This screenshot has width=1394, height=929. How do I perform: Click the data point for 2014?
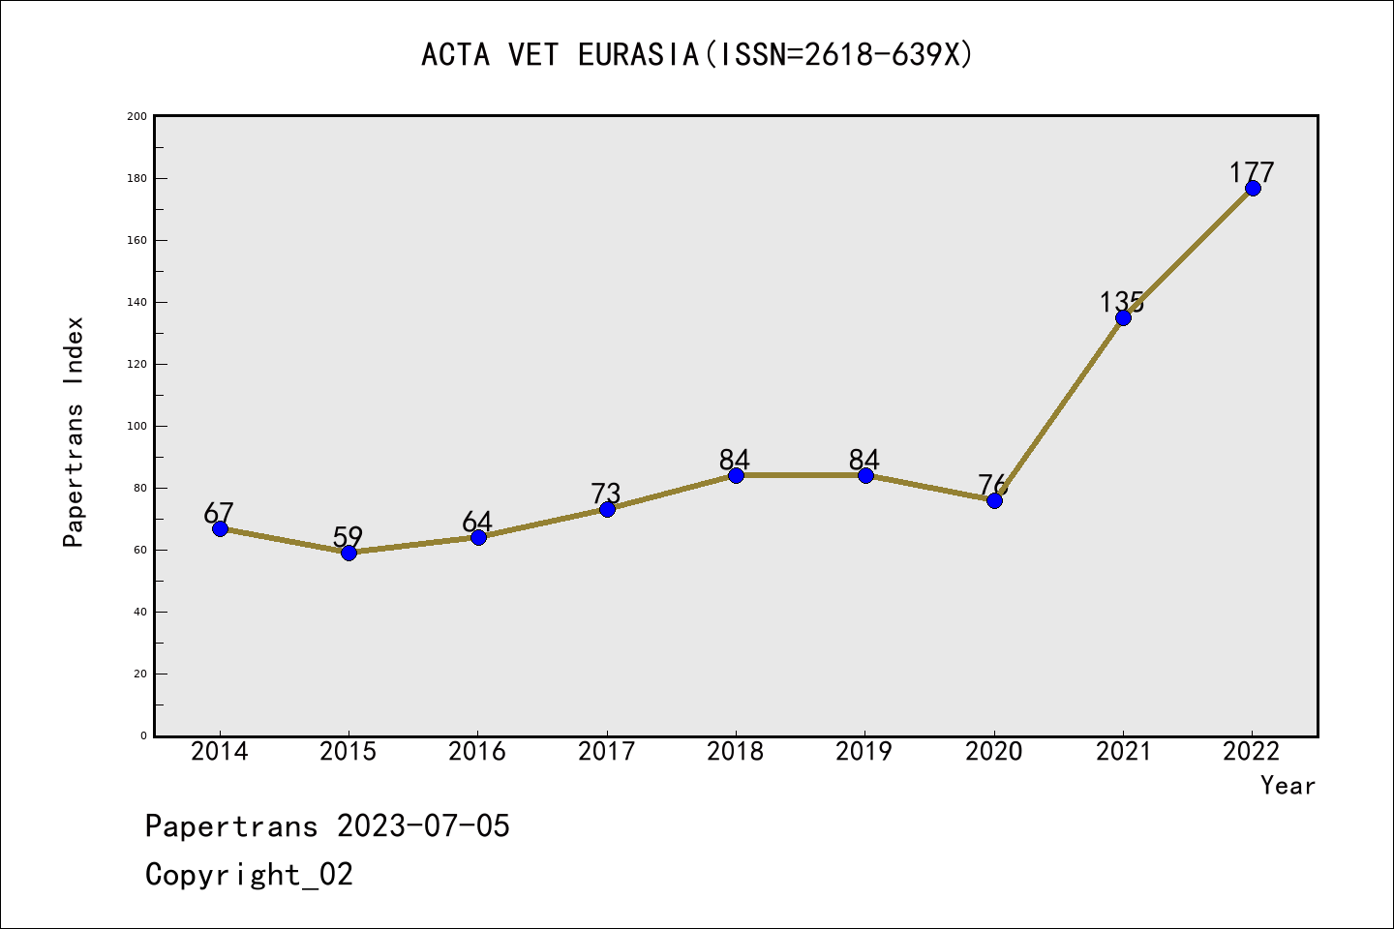click(x=220, y=528)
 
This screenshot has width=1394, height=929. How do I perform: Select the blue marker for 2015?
click(x=348, y=553)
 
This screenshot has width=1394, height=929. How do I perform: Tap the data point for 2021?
click(x=1123, y=317)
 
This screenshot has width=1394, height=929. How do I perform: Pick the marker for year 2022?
click(x=1253, y=188)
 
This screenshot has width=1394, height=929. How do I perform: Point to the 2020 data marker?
click(x=994, y=500)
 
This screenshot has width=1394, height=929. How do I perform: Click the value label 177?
click(x=1252, y=172)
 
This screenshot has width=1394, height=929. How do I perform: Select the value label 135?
click(x=1121, y=302)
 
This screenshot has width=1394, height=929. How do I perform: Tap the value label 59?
click(x=348, y=536)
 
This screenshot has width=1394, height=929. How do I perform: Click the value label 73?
click(x=606, y=494)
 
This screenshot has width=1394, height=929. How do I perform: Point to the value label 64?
click(x=477, y=522)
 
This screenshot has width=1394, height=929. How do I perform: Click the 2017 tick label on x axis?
click(x=606, y=752)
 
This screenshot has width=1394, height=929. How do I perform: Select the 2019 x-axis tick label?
click(x=864, y=752)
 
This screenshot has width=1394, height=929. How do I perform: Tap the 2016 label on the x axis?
click(x=477, y=752)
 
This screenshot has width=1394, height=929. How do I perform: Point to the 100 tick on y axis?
click(x=136, y=426)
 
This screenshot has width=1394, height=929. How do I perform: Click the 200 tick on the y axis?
click(x=136, y=116)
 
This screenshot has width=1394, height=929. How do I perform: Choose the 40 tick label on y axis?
click(x=139, y=612)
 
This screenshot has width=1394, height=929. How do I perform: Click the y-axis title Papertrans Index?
click(x=74, y=432)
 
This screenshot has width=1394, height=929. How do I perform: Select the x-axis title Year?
click(x=1288, y=786)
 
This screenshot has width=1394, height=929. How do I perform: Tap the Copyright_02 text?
click(x=250, y=875)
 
